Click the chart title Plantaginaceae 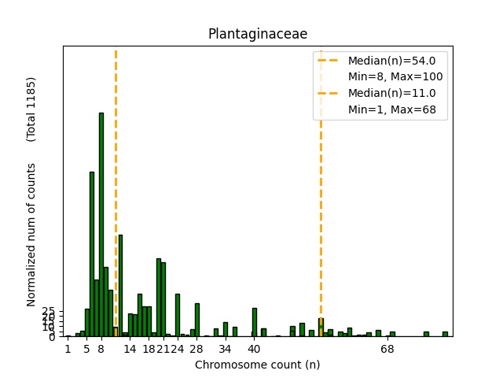(257, 34)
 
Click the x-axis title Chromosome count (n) (257, 365)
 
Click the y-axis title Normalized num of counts (31, 235)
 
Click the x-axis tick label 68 (387, 349)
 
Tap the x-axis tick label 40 (254, 349)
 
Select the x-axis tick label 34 (226, 349)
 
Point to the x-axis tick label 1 (68, 349)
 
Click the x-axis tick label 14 (130, 349)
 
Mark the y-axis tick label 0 (52, 337)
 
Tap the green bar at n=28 (197, 320)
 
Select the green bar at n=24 (178, 315)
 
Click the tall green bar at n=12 (120, 285)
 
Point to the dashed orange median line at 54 (321, 197)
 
